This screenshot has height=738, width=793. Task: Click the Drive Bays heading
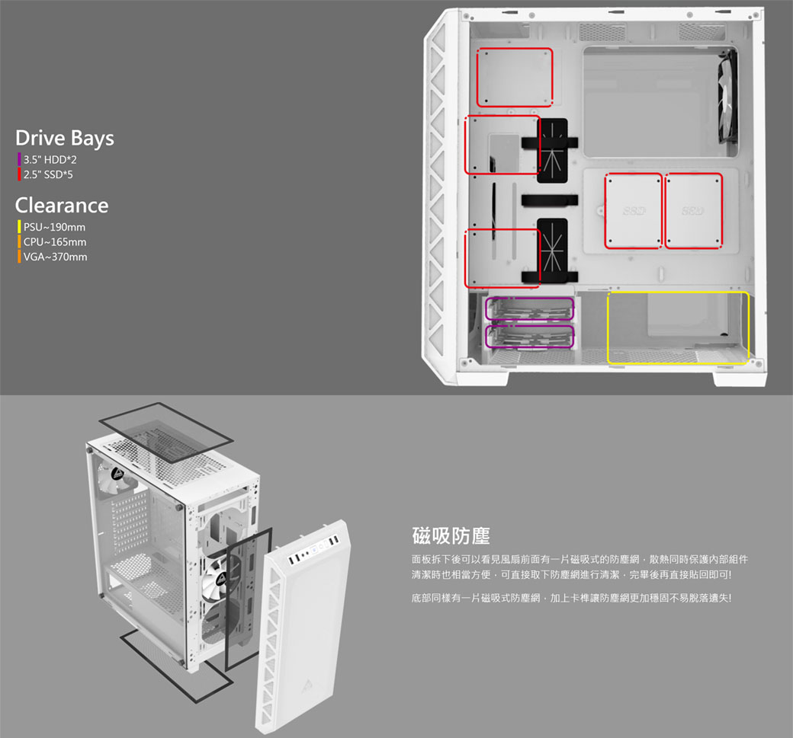pos(65,139)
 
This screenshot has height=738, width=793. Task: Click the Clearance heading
pos(62,205)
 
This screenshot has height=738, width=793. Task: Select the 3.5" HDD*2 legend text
pos(50,160)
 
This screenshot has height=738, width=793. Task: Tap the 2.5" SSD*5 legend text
pos(48,174)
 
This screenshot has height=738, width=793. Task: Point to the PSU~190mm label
pos(54,227)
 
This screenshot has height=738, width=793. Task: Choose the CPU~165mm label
pos(55,242)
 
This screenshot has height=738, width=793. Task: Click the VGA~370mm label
pos(55,257)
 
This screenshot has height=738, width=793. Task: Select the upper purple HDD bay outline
pos(529,298)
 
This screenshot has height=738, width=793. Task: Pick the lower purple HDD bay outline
pos(529,326)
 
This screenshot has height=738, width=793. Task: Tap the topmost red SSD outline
pos(515,49)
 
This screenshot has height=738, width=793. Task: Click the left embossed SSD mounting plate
pos(633,211)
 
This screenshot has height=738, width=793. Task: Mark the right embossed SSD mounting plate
pos(693,211)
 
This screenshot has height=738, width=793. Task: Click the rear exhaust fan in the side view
pos(727,96)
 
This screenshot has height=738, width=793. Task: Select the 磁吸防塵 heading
pos(451,536)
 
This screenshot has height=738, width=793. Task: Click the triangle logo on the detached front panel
pos(307,687)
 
